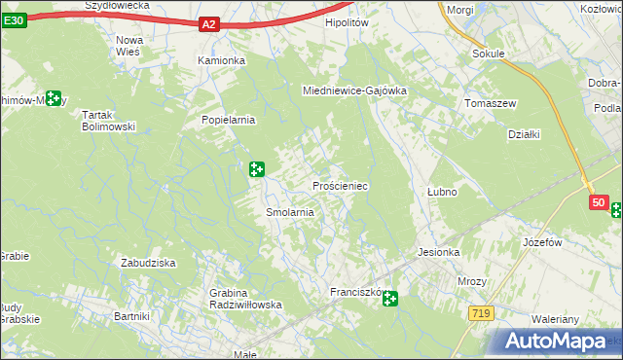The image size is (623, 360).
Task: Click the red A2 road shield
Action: click(211, 24)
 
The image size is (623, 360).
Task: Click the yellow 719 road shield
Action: click(480, 313)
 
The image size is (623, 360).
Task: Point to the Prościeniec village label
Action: click(339, 185)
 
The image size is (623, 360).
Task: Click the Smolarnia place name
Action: click(289, 212)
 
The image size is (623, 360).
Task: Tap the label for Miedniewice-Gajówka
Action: click(354, 90)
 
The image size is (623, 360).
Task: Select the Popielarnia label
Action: click(228, 120)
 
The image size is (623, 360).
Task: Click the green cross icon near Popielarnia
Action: click(257, 169)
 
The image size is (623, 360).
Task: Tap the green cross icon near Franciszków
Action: click(390, 299)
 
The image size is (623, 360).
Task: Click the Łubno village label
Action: click(442, 192)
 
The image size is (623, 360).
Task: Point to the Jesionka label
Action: click(438, 252)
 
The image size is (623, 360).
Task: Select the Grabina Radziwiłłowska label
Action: click(245, 299)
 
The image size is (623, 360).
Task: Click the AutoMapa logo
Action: click(556, 340)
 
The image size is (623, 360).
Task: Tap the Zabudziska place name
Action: click(147, 263)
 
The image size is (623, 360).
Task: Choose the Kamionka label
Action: click(222, 59)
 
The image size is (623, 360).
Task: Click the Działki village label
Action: click(524, 135)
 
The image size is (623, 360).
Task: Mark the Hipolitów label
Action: click(349, 21)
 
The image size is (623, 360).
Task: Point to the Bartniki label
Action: click(131, 316)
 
